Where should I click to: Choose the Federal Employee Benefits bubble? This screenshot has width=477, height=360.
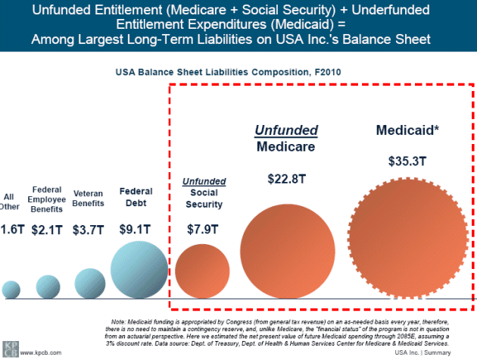[48, 286]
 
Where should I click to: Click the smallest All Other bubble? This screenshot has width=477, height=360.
[11, 289]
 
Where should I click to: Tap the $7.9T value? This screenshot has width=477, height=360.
[203, 228]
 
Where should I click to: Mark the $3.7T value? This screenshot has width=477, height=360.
[88, 228]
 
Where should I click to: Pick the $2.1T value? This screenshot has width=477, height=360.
[48, 228]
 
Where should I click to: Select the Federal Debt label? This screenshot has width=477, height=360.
[136, 197]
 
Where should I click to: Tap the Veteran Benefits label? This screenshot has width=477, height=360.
[88, 199]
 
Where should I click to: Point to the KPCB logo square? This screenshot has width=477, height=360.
[10, 348]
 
